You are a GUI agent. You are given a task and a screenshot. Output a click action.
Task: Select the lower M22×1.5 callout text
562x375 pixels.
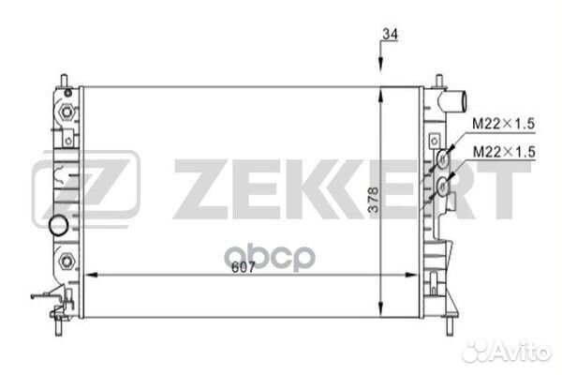(503, 151)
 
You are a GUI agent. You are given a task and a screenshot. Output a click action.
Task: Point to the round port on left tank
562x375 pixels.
(59, 226)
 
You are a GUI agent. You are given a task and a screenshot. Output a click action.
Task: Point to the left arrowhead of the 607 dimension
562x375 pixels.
(90, 275)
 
